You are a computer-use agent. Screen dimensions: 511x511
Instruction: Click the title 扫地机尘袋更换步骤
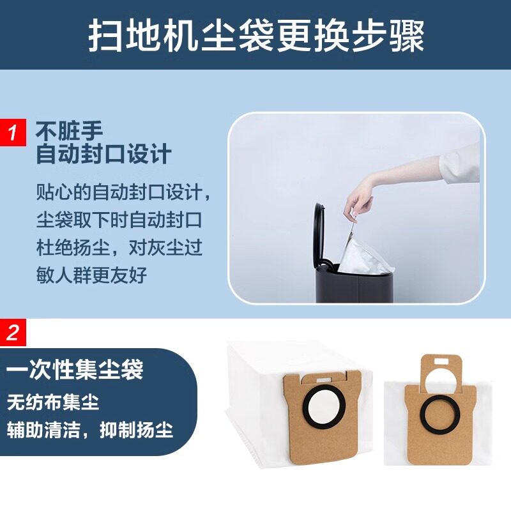[x=256, y=36]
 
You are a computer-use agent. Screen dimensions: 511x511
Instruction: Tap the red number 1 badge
[x=12, y=132]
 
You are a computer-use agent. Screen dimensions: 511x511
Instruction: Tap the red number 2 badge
[x=12, y=332]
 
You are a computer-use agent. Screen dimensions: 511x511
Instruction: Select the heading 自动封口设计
[x=103, y=154]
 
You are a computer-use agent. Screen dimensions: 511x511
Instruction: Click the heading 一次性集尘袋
[x=75, y=370]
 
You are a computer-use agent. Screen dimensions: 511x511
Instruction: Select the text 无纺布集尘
[x=54, y=402]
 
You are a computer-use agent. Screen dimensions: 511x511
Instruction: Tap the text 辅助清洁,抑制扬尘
[x=90, y=429]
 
